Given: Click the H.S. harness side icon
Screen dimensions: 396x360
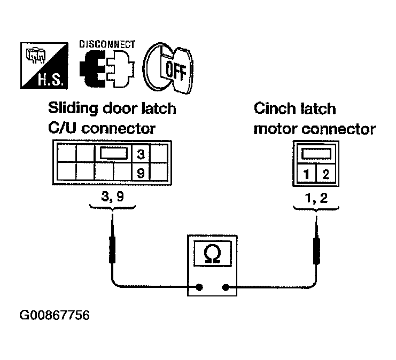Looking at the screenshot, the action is (x=44, y=66).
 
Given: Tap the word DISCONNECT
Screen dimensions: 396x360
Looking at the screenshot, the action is (x=107, y=44).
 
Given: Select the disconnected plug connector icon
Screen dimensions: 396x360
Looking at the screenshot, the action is (x=107, y=68).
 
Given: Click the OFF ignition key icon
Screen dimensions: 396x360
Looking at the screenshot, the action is (x=168, y=68).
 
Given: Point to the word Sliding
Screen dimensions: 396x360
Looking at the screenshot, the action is (x=73, y=109).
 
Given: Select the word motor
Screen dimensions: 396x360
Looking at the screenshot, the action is (x=276, y=129).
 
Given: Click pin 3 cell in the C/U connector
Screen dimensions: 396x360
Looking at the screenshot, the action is (x=141, y=154).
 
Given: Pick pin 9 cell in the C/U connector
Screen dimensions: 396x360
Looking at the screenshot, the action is (x=141, y=173).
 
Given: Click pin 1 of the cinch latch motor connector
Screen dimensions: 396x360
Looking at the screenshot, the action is (x=306, y=174).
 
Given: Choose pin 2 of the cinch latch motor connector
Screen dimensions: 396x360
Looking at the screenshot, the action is (x=326, y=174).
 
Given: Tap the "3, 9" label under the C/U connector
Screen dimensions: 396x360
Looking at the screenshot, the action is (x=112, y=197).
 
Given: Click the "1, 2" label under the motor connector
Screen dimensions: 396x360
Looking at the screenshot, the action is (x=316, y=198).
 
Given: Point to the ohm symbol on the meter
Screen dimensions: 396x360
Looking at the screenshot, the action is (x=212, y=254).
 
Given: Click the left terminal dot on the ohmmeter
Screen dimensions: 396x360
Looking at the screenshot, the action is (x=199, y=287).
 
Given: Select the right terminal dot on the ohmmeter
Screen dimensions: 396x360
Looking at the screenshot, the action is (x=226, y=287).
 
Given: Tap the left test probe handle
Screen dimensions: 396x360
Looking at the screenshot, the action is (x=112, y=249).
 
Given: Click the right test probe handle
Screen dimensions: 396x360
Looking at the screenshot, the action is (x=316, y=251).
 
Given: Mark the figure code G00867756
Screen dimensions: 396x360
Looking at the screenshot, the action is (x=55, y=315).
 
